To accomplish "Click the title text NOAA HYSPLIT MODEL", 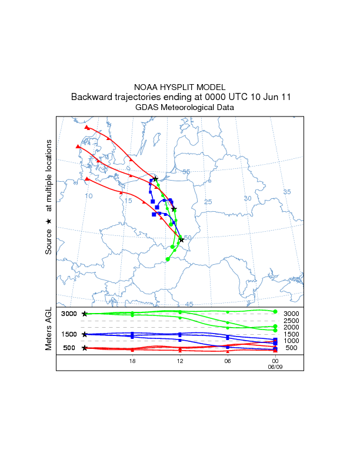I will (x=180, y=87).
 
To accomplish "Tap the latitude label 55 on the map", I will (x=186, y=172).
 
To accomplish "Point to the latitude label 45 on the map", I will (x=189, y=304).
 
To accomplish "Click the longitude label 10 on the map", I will (x=89, y=196).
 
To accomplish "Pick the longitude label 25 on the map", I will (x=207, y=202).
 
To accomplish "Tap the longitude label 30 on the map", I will (x=247, y=198).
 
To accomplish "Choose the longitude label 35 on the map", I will (x=287, y=192).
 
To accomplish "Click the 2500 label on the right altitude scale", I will (x=291, y=321).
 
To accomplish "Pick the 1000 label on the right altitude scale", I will (x=291, y=341).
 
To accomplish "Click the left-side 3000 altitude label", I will (x=69, y=314).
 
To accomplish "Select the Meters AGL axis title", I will (x=49, y=329).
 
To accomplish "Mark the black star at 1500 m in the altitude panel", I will (x=85, y=334).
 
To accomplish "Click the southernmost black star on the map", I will (x=182, y=239).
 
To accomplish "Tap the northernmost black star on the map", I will (x=155, y=178).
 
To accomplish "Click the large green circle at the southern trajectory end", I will (x=168, y=259).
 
